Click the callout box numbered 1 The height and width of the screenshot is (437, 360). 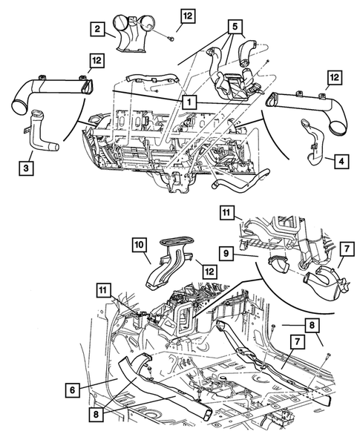pyautogui.click(x=189, y=102)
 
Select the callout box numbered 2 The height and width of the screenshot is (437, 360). pyautogui.click(x=97, y=29)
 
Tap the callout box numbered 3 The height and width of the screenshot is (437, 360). pyautogui.click(x=26, y=168)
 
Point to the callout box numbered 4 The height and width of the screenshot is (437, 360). pyautogui.click(x=341, y=161)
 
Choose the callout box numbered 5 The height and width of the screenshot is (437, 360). pyautogui.click(x=235, y=27)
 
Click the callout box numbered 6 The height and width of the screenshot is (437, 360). pyautogui.click(x=73, y=390)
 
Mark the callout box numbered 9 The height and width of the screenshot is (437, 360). pyautogui.click(x=226, y=253)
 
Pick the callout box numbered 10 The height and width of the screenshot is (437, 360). pyautogui.click(x=140, y=245)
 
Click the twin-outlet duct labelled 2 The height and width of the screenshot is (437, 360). pyautogui.click(x=132, y=33)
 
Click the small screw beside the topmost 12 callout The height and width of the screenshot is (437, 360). pyautogui.click(x=171, y=39)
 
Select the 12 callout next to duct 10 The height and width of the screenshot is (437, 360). pyautogui.click(x=209, y=271)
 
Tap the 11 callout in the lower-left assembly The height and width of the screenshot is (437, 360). pyautogui.click(x=103, y=290)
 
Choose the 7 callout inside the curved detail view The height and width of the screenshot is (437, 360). pyautogui.click(x=347, y=249)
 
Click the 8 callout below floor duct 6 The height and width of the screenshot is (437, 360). pyautogui.click(x=96, y=415)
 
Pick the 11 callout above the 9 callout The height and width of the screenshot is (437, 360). pyautogui.click(x=226, y=213)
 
